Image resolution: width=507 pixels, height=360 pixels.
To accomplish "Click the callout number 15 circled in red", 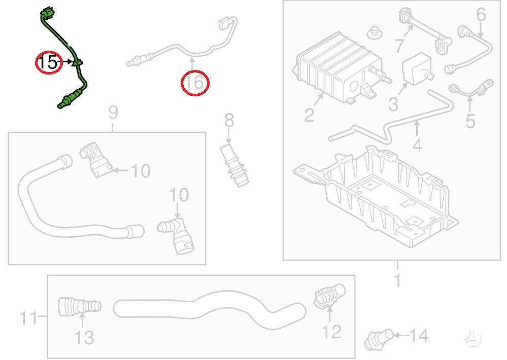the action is tap(47, 62).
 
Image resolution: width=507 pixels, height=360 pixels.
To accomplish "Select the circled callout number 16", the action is tap(195, 83).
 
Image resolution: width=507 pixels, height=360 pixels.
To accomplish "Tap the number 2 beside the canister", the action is tap(309, 115).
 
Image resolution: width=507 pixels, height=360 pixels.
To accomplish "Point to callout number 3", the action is tap(393, 104).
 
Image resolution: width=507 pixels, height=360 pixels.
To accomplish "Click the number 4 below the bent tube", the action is tap(418, 145).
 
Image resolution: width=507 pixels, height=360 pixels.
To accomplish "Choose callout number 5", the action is tap(470, 121).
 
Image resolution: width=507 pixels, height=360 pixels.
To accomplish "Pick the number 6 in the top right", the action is tap(481, 15).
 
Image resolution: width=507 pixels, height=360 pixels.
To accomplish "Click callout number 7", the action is tap(399, 46).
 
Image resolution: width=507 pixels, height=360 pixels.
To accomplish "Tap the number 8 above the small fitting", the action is tap(229, 120).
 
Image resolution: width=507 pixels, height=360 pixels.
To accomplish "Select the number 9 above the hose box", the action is tap(113, 113).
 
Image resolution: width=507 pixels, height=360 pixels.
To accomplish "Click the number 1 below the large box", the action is tap(397, 280).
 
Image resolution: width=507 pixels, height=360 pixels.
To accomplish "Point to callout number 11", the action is tap(28, 318).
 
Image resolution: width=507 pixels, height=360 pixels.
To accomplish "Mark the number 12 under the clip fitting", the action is tap(332, 332).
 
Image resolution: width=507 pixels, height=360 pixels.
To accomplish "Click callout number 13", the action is tap(84, 337).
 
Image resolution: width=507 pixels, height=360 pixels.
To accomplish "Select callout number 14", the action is tap(419, 335).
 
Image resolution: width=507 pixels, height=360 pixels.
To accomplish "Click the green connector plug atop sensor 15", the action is tap(48, 12).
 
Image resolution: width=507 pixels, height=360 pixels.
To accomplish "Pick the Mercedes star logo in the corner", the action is tap(472, 339).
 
